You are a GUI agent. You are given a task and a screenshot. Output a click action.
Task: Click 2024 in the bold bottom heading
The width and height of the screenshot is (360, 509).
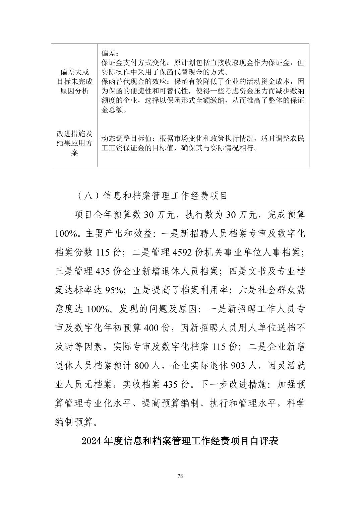[x=92, y=441]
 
